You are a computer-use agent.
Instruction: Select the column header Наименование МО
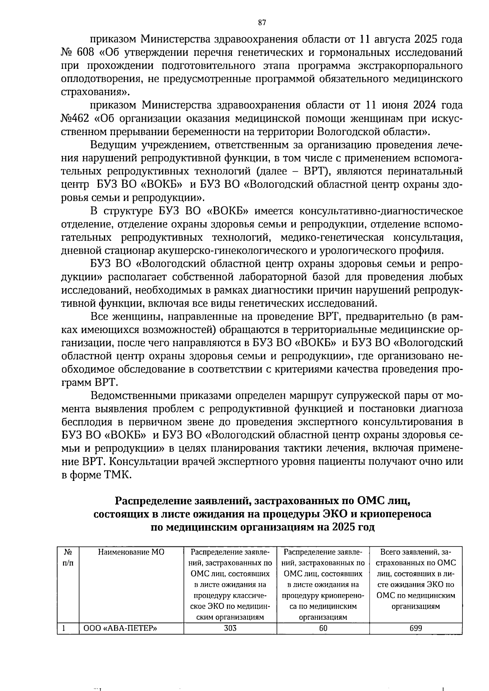[x=130, y=552]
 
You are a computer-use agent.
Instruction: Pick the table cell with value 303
[x=230, y=628]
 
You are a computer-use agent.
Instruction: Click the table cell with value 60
[x=323, y=628]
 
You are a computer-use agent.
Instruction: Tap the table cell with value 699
[x=416, y=628]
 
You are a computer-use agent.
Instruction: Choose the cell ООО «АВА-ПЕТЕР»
[x=120, y=628]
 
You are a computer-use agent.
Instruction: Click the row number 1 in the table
[x=64, y=628]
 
